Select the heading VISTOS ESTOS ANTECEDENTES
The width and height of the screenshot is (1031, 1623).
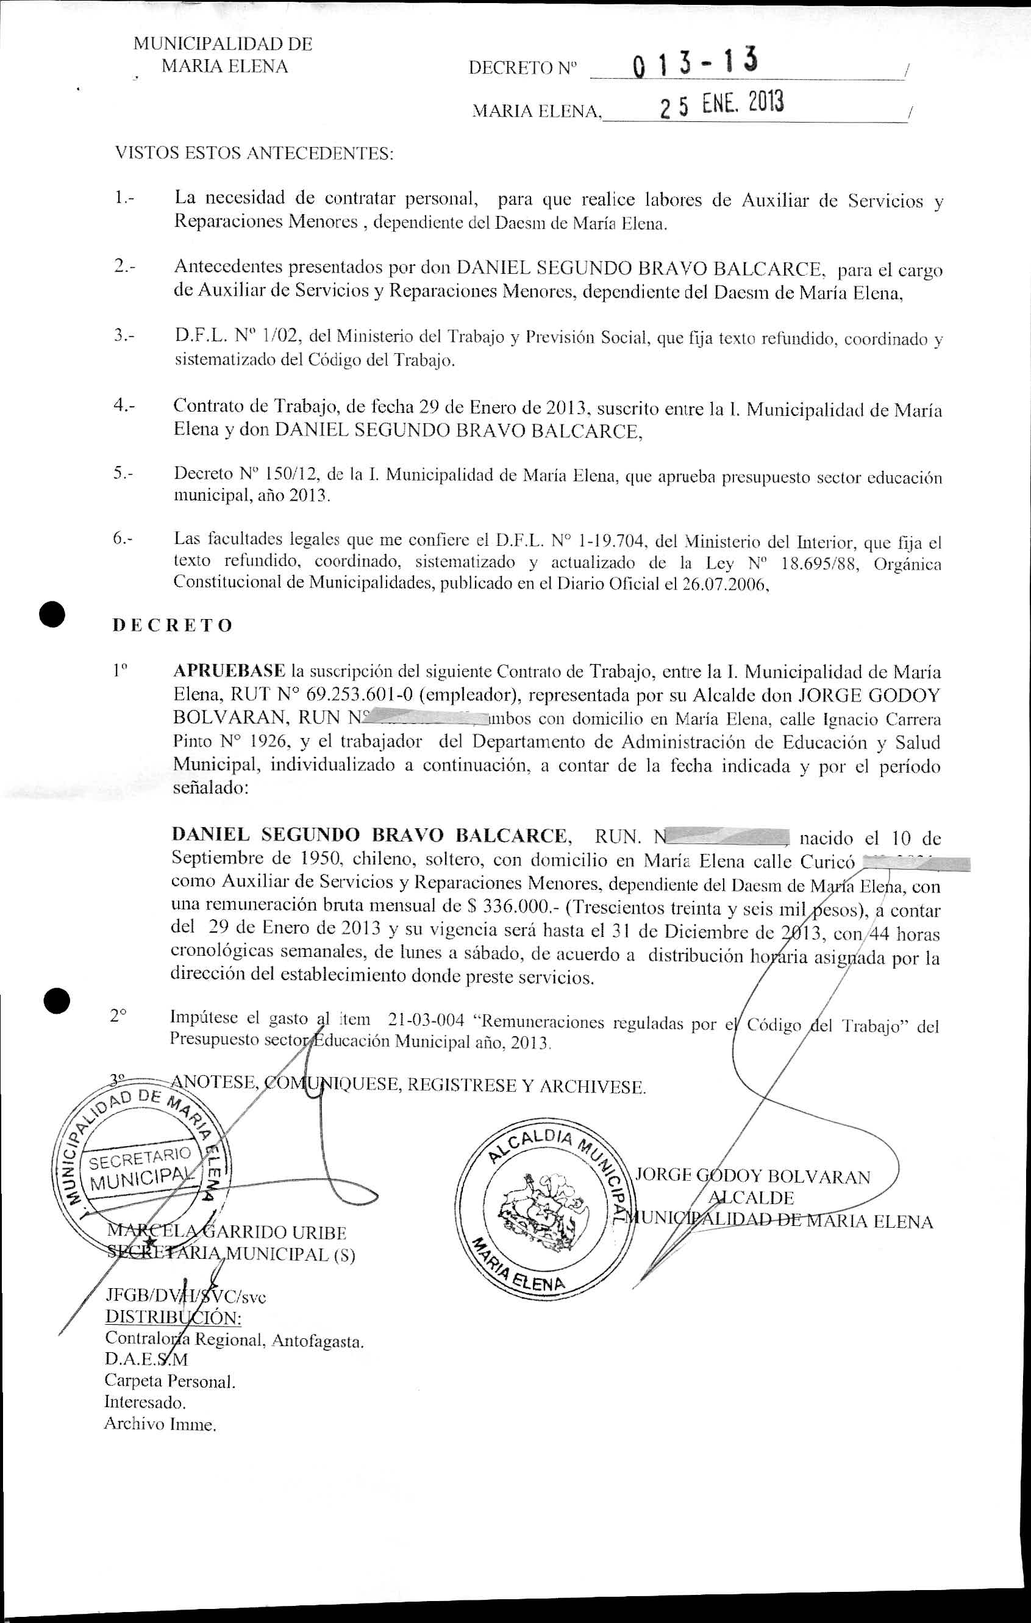click(x=254, y=154)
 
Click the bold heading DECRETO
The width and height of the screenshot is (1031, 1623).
click(x=172, y=626)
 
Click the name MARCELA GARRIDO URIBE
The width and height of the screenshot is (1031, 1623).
click(x=226, y=1233)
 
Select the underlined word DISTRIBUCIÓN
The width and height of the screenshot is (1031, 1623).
click(x=173, y=1317)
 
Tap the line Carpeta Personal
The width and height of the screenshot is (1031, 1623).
click(x=170, y=1381)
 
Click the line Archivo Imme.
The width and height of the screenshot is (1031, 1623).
click(x=160, y=1425)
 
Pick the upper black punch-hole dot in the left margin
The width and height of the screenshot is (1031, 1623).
click(x=51, y=614)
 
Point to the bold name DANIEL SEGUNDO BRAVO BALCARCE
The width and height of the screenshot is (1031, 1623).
click(x=371, y=835)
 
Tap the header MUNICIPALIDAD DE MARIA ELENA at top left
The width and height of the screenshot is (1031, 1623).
click(x=223, y=56)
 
